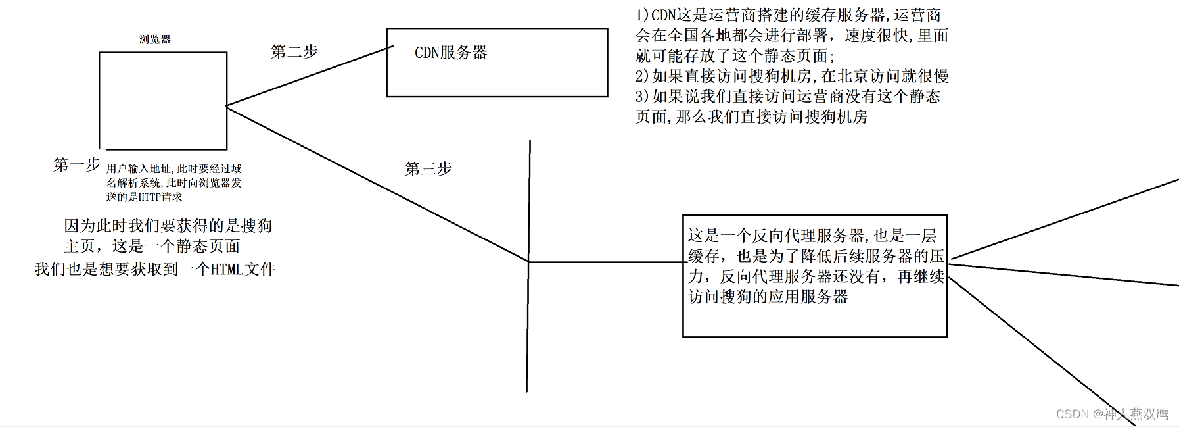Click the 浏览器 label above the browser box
154,39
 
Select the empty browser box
163,101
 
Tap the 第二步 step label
294,51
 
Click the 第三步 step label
428,169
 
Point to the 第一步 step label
76,164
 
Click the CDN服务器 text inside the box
451,53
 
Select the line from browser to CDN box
309,76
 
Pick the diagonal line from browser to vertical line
378,185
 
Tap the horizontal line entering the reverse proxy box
605,262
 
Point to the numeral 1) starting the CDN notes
642,15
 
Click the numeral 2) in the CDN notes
642,76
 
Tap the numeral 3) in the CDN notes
642,97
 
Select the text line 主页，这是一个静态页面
152,246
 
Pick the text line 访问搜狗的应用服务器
768,297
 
